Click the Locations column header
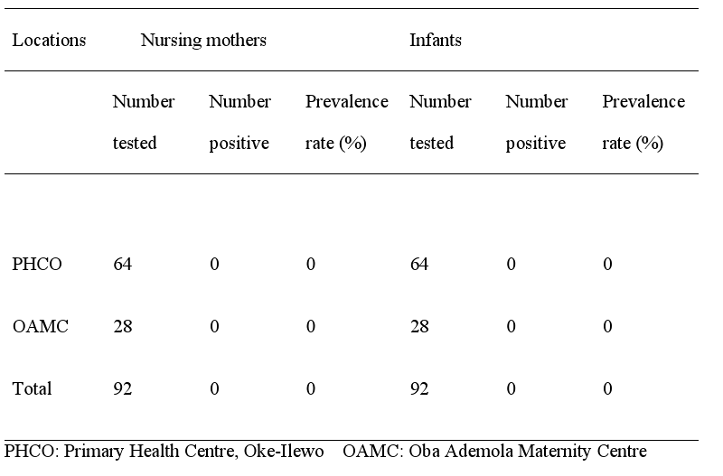coord(49,40)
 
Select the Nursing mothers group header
coord(203,41)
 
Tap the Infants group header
coord(436,40)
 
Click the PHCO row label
coord(37,264)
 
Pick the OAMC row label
coord(40,326)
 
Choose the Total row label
coord(32,388)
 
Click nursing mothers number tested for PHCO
coord(123,264)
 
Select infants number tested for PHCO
coord(419,264)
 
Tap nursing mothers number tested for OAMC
coord(123,326)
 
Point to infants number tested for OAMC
coord(419,326)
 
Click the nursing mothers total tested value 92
coord(123,388)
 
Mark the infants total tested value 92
coord(419,388)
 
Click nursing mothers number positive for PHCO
coord(214,264)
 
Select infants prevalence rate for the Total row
coord(607,388)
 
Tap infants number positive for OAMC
coord(511,326)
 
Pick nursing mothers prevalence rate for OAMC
coord(310,326)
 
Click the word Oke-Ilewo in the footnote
coord(284,451)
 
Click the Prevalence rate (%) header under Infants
coord(643,122)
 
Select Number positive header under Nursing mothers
coord(239,122)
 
